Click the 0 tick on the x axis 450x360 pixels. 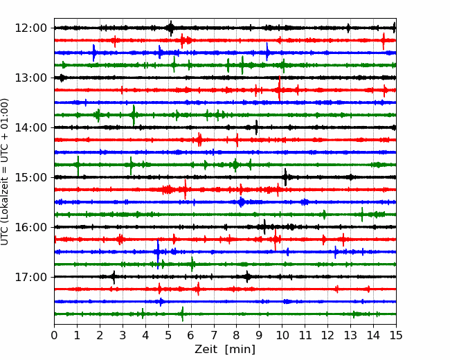pyautogui.click(x=55, y=336)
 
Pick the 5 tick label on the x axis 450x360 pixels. pyautogui.click(x=168, y=336)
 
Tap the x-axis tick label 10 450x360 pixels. pyautogui.click(x=282, y=336)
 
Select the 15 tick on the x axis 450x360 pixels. pyautogui.click(x=395, y=336)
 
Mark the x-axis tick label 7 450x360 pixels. pyautogui.click(x=214, y=336)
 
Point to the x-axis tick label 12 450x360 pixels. pyautogui.click(x=327, y=336)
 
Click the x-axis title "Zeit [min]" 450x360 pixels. pyautogui.click(x=224, y=350)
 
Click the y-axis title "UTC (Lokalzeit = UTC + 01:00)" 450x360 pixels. pyautogui.click(x=6, y=171)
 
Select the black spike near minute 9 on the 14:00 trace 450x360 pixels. pyautogui.click(x=256, y=127)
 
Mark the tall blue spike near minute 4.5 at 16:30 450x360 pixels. pyautogui.click(x=158, y=252)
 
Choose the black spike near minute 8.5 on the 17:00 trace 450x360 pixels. pyautogui.click(x=248, y=277)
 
